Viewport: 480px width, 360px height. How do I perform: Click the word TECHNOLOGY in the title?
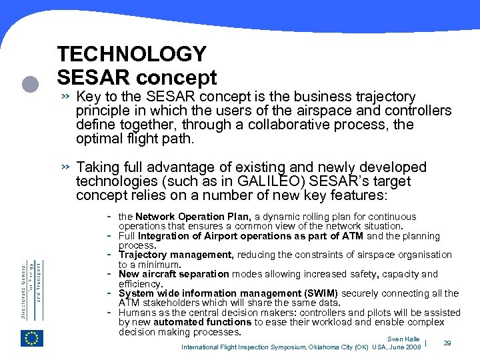tap(132, 54)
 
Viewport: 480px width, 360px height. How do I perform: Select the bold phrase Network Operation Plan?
tap(193, 217)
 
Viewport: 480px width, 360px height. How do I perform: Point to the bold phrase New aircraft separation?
tap(173, 274)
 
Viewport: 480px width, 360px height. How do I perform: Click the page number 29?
tap(448, 342)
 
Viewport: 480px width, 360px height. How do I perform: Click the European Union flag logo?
tap(33, 339)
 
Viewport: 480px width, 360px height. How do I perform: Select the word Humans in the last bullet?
tap(133, 312)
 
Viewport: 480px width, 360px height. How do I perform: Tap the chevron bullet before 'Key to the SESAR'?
tap(65, 97)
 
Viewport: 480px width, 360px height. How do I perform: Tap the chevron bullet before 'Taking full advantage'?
tap(65, 167)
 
